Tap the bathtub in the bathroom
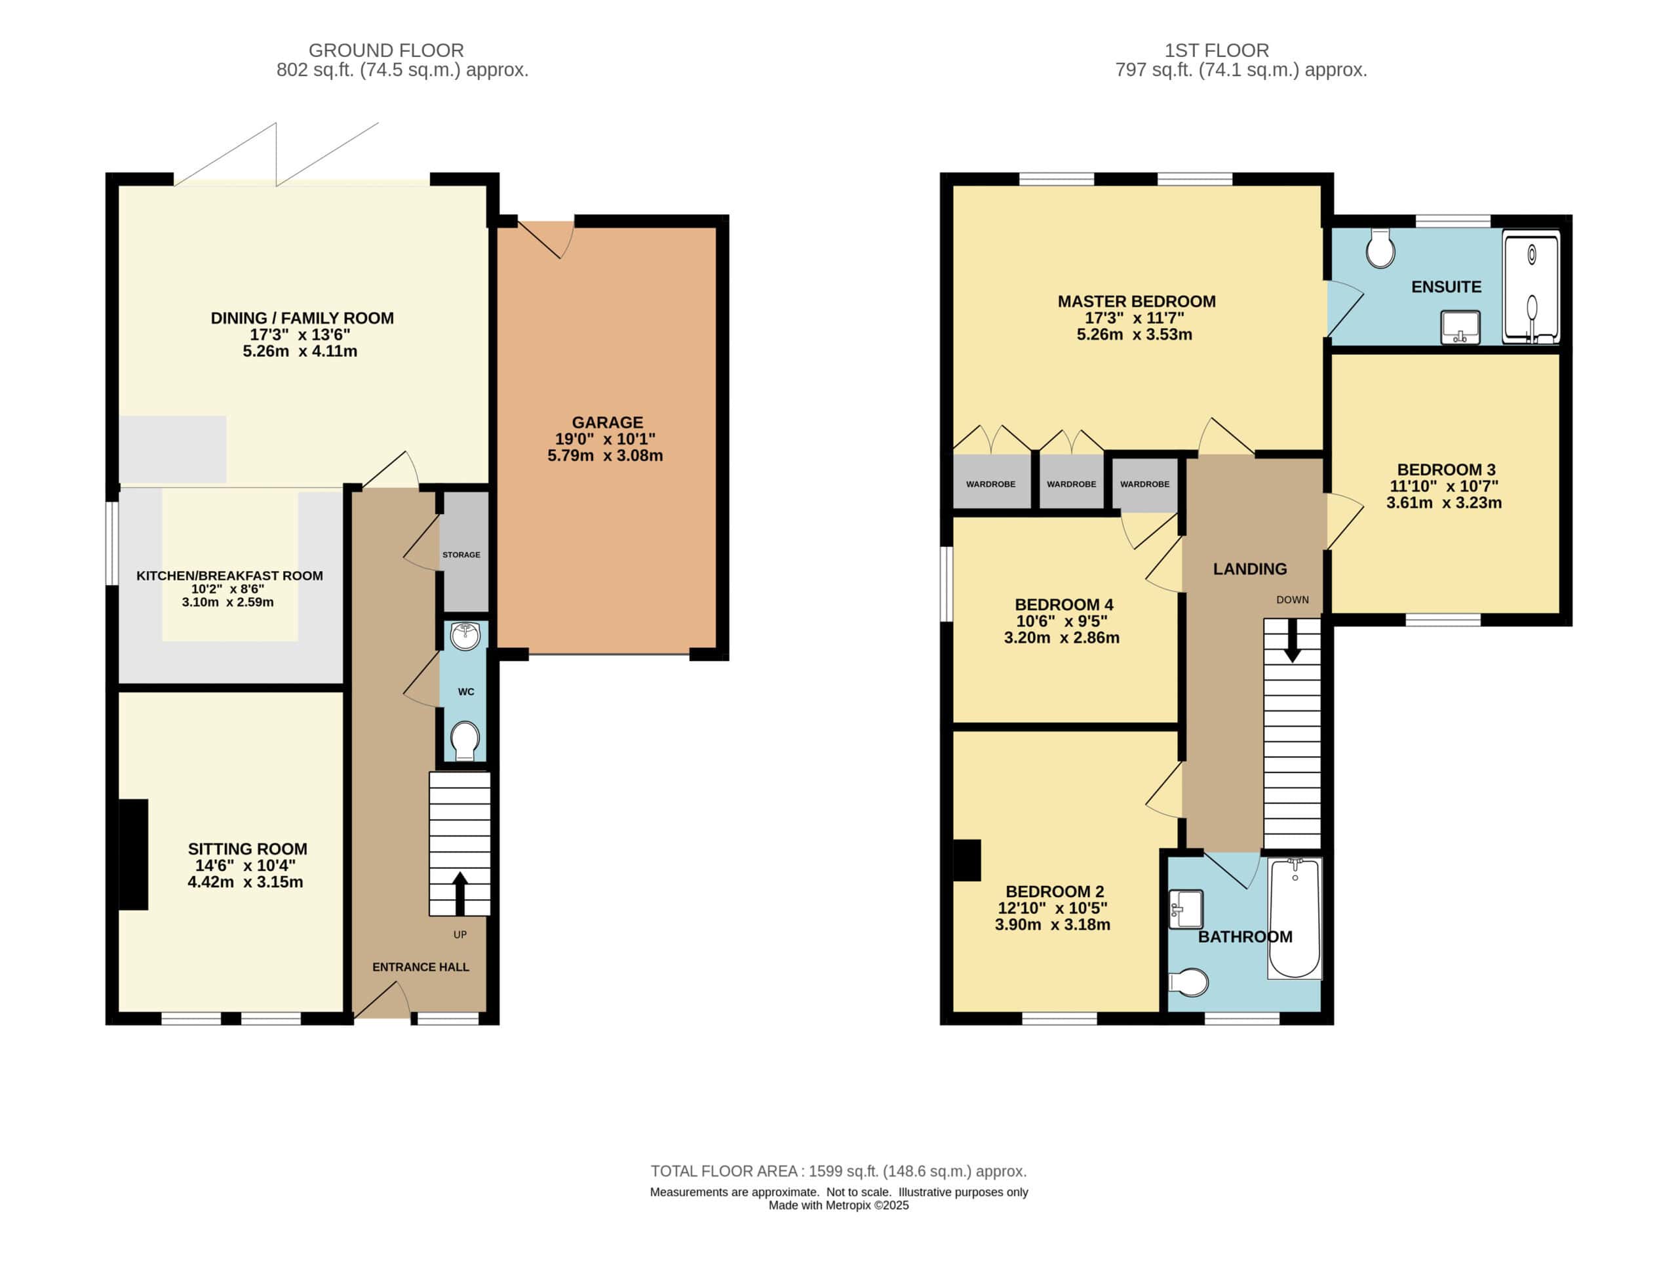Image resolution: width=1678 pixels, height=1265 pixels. click(x=1295, y=918)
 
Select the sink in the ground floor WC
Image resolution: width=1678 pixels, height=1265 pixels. click(x=465, y=636)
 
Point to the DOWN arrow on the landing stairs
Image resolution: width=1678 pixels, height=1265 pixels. click(x=1291, y=641)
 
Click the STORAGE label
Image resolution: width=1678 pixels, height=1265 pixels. click(x=461, y=555)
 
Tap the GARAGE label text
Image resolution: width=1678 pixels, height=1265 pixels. click(x=607, y=423)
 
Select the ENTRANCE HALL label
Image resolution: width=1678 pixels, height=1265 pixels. click(x=420, y=967)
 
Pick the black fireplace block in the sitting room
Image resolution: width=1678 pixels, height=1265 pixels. click(x=134, y=854)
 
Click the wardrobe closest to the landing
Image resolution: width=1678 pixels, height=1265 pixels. click(x=1144, y=483)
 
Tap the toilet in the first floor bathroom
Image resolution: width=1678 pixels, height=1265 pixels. click(x=1188, y=982)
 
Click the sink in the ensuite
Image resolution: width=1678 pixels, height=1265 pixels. click(x=1460, y=327)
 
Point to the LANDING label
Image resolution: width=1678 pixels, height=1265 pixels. click(x=1250, y=569)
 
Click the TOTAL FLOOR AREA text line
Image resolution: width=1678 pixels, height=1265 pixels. click(x=838, y=1171)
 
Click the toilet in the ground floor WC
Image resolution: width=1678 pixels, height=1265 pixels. click(x=464, y=740)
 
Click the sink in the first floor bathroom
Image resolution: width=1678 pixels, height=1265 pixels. click(x=1186, y=909)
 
